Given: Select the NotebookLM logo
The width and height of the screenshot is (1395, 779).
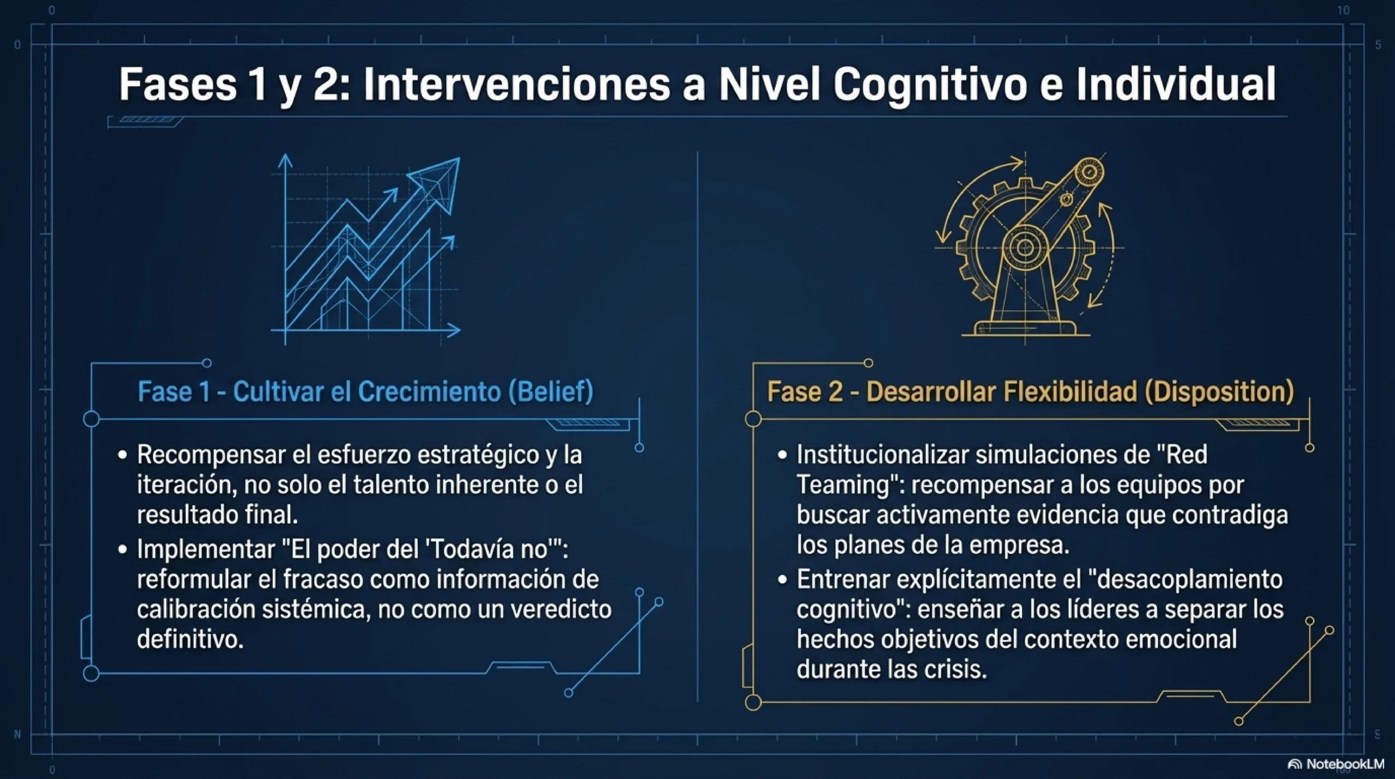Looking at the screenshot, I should point(1336,764).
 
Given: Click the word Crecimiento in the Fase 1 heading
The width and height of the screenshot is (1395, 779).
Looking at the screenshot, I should point(430,391).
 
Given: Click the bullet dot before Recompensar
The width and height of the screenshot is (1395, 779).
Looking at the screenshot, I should point(123,455).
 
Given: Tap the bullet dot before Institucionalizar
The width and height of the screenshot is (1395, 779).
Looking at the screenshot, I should point(783,455).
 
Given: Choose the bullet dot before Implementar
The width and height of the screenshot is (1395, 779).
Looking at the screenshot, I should point(123,549).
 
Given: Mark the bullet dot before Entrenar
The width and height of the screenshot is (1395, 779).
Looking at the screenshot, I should point(783,579).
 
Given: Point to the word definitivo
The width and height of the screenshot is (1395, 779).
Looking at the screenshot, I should point(190,639).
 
